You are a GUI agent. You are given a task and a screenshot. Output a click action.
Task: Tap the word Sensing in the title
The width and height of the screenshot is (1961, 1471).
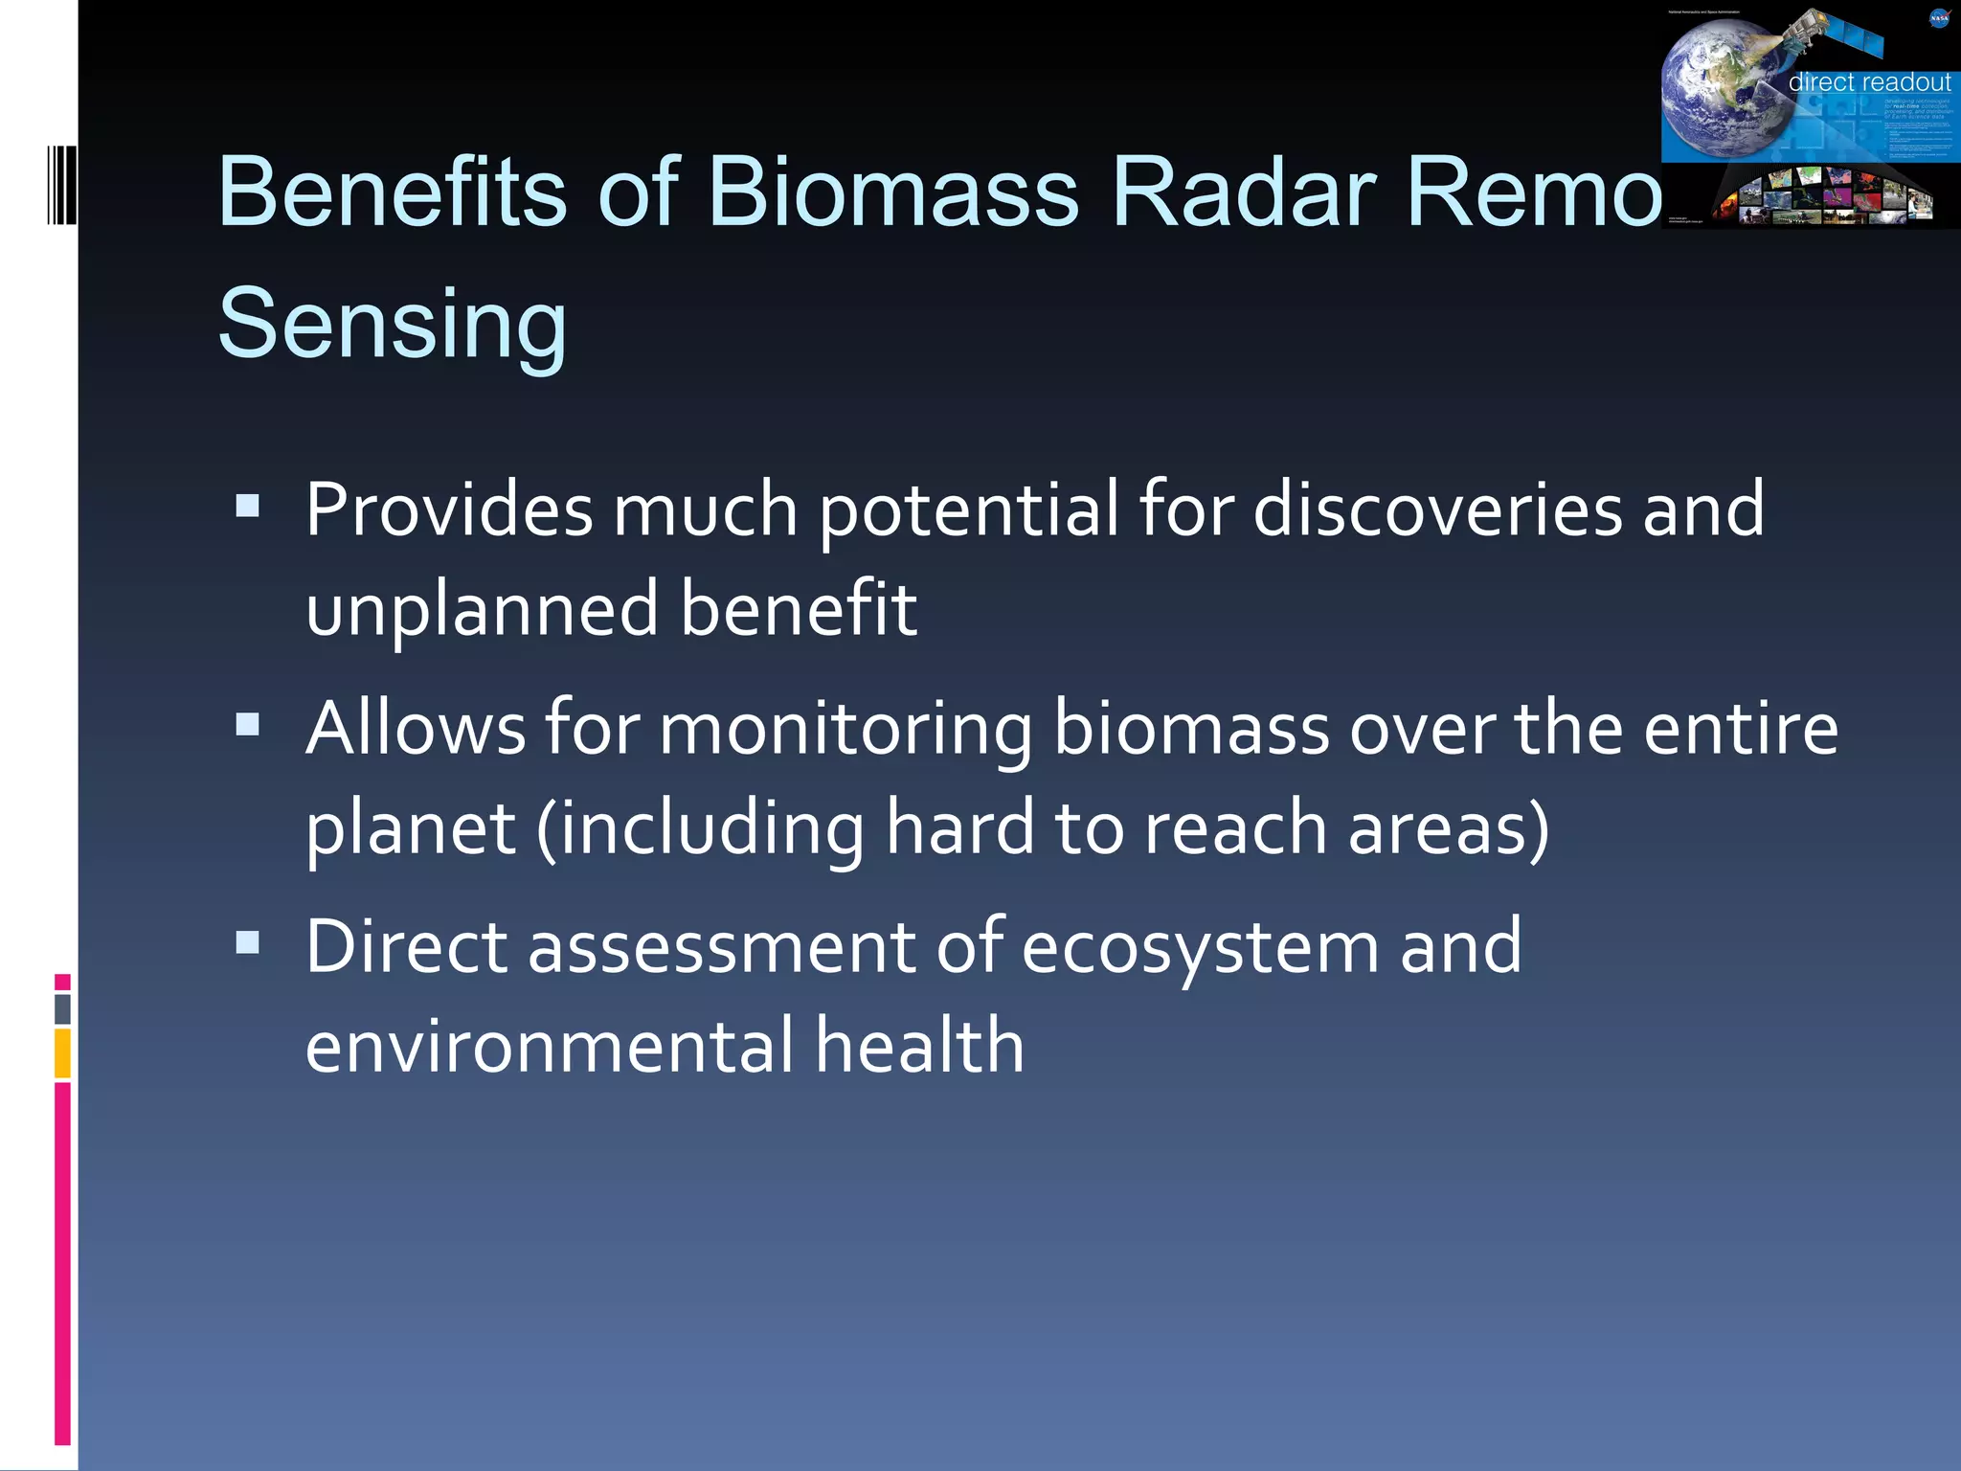coord(393,324)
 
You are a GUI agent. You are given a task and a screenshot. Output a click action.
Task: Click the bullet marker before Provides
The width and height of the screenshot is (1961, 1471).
coord(248,506)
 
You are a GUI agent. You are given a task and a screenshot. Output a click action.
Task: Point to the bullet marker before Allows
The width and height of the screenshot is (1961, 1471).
coord(248,724)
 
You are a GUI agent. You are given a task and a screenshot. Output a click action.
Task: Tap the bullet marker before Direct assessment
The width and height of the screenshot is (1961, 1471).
coord(248,942)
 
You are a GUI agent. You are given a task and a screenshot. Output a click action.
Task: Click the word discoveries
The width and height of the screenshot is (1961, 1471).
coord(1437,509)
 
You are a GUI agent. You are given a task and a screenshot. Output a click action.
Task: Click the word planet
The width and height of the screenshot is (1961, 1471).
coord(411,827)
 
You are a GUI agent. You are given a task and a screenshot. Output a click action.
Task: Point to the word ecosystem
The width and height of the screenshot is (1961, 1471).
coord(1201,948)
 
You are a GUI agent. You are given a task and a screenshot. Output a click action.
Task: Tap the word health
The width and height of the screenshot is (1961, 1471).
coord(920,1046)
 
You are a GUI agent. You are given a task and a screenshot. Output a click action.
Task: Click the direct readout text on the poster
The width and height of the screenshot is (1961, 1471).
coord(1868,82)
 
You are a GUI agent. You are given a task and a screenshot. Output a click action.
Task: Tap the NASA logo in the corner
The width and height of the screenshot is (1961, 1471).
coord(1938,18)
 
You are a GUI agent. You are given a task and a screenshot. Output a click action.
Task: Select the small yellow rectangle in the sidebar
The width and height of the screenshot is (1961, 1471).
coord(62,1052)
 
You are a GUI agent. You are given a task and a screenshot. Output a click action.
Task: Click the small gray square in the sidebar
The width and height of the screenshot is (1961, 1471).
coord(62,1008)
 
